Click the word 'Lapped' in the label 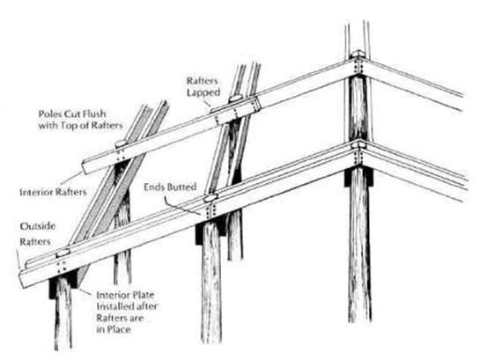click(203, 92)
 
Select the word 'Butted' click(182, 187)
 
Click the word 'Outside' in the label click(37, 226)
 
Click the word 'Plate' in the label click(143, 295)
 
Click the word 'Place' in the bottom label click(119, 330)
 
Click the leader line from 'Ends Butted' click(183, 208)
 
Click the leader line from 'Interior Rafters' click(72, 180)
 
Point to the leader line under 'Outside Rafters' click(18, 260)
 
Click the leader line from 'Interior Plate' click(85, 291)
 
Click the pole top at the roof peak click(358, 55)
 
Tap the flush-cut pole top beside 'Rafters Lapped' click(235, 99)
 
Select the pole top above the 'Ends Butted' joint click(210, 198)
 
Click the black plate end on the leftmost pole click(52, 289)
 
